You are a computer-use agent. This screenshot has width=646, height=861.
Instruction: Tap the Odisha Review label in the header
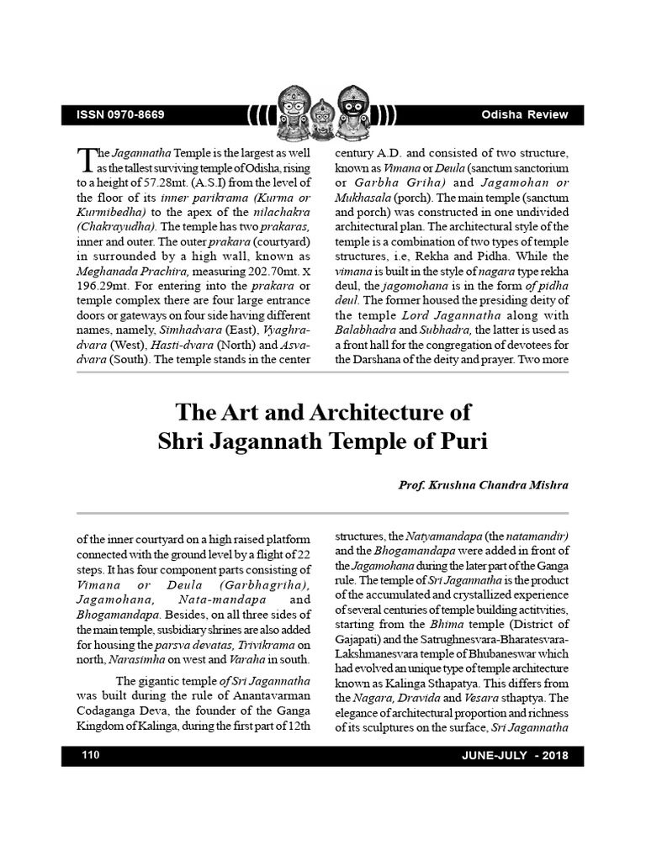coord(525,115)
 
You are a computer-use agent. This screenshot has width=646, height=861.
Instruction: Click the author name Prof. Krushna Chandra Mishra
coord(483,485)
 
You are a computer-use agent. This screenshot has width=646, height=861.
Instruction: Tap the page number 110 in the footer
coord(91,755)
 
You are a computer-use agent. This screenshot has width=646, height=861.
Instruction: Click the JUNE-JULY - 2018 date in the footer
coord(515,755)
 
